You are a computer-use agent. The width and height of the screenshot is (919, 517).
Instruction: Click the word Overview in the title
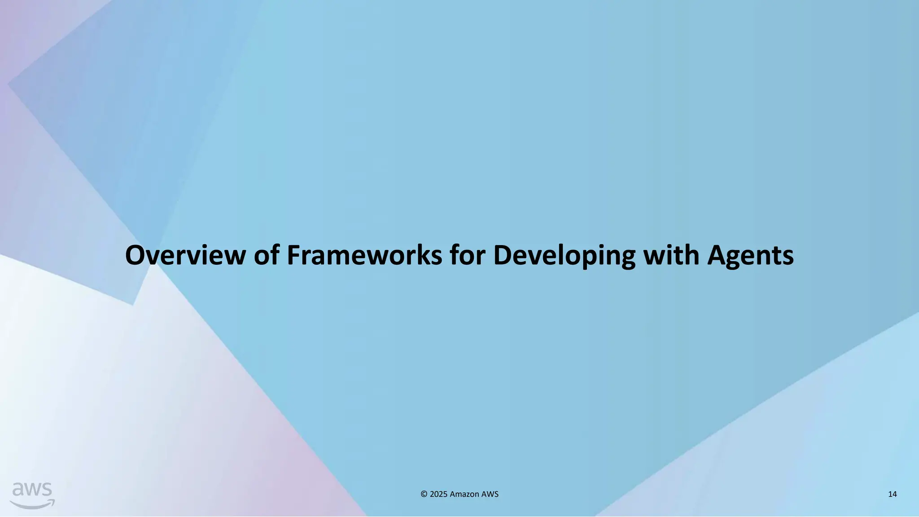pos(185,255)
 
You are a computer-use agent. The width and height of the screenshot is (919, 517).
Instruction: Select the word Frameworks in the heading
pos(364,255)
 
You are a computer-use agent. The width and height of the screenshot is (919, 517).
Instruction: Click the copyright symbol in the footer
pos(424,494)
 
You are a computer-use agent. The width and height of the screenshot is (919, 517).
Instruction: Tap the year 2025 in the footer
pos(438,494)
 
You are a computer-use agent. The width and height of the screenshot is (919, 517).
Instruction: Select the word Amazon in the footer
pos(464,494)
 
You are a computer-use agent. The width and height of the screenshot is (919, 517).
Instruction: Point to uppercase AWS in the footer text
pos(490,494)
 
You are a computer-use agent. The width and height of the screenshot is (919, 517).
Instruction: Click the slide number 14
pos(892,494)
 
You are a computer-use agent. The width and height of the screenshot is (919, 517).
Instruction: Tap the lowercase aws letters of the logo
pos(32,490)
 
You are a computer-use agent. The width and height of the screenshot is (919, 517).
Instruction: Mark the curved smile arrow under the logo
pos(32,504)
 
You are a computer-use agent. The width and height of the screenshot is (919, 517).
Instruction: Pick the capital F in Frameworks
pos(293,255)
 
